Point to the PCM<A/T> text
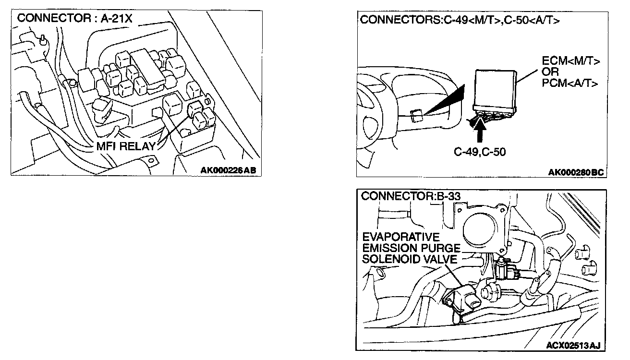[x=571, y=83]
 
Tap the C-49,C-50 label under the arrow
[x=480, y=152]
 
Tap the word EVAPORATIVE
[x=401, y=237]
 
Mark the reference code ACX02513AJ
[x=574, y=345]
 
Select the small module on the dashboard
[x=417, y=115]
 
